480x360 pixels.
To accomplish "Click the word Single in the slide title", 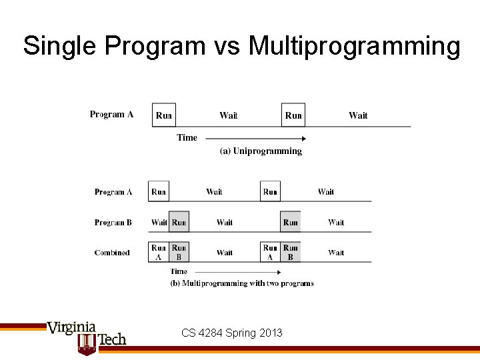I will [x=61, y=46].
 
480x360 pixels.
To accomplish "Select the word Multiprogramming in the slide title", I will [x=354, y=46].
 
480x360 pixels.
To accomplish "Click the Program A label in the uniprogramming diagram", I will [x=111, y=115].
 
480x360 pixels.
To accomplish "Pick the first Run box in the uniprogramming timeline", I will [x=164, y=115].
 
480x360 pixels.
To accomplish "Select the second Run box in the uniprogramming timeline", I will [x=293, y=115].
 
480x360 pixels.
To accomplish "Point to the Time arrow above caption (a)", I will [x=253, y=139].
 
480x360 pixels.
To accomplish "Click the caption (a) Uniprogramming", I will [x=261, y=151].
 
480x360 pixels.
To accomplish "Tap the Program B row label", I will [x=113, y=223].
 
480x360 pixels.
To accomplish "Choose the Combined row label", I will [x=112, y=253].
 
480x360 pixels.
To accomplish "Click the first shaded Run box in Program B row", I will [x=179, y=222].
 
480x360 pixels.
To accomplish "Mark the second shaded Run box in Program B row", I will [x=290, y=222].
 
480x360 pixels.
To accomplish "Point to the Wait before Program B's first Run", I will [x=159, y=223].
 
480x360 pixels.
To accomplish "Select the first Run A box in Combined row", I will [x=159, y=252].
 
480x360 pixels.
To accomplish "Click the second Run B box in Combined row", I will [x=290, y=252].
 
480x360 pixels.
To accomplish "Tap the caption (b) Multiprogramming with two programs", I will [x=242, y=283].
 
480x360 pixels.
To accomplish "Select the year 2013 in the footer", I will [x=270, y=333].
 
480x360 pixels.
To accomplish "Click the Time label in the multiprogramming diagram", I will [x=179, y=271].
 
